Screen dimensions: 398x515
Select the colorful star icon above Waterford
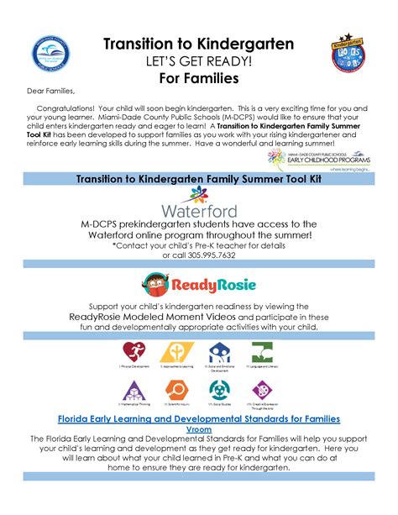[199, 197]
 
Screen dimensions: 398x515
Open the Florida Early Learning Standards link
[198, 418]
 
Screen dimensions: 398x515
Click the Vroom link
[198, 429]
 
